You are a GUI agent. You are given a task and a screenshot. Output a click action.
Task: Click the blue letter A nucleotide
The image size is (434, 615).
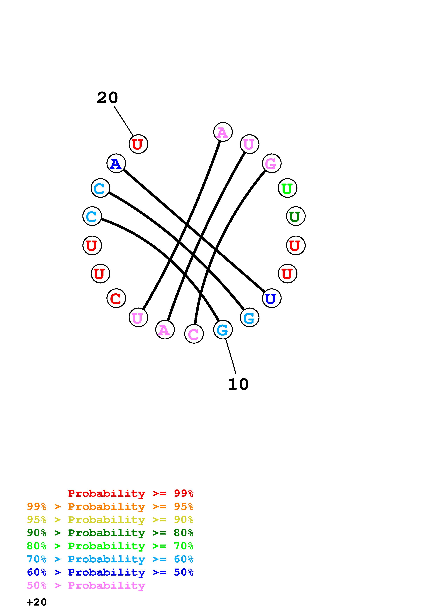click(116, 163)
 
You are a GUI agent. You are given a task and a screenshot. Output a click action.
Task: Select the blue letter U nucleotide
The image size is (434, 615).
click(271, 298)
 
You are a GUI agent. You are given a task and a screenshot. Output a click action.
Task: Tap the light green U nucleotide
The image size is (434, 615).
click(287, 188)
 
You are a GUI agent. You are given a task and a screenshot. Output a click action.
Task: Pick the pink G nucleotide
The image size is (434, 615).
click(271, 163)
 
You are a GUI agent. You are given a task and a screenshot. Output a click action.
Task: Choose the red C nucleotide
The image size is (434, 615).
click(116, 298)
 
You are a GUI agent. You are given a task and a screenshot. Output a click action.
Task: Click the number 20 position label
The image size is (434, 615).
click(107, 98)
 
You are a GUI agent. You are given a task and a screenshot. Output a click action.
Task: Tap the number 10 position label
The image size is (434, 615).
click(238, 384)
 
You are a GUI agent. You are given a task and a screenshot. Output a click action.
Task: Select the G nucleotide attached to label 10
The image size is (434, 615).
click(223, 329)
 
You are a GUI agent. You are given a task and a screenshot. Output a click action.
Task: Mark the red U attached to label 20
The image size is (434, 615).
click(138, 144)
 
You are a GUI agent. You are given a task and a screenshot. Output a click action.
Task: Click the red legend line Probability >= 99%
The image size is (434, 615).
click(130, 493)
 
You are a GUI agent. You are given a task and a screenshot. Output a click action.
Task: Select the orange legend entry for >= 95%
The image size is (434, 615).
click(110, 506)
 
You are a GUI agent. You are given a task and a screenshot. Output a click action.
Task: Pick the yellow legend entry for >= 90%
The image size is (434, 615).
click(110, 520)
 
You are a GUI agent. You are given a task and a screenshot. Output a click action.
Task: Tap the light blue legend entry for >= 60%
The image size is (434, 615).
click(110, 559)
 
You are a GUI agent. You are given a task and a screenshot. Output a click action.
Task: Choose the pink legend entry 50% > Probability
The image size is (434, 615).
click(86, 585)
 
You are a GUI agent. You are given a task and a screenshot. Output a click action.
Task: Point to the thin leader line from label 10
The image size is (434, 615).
click(231, 356)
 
